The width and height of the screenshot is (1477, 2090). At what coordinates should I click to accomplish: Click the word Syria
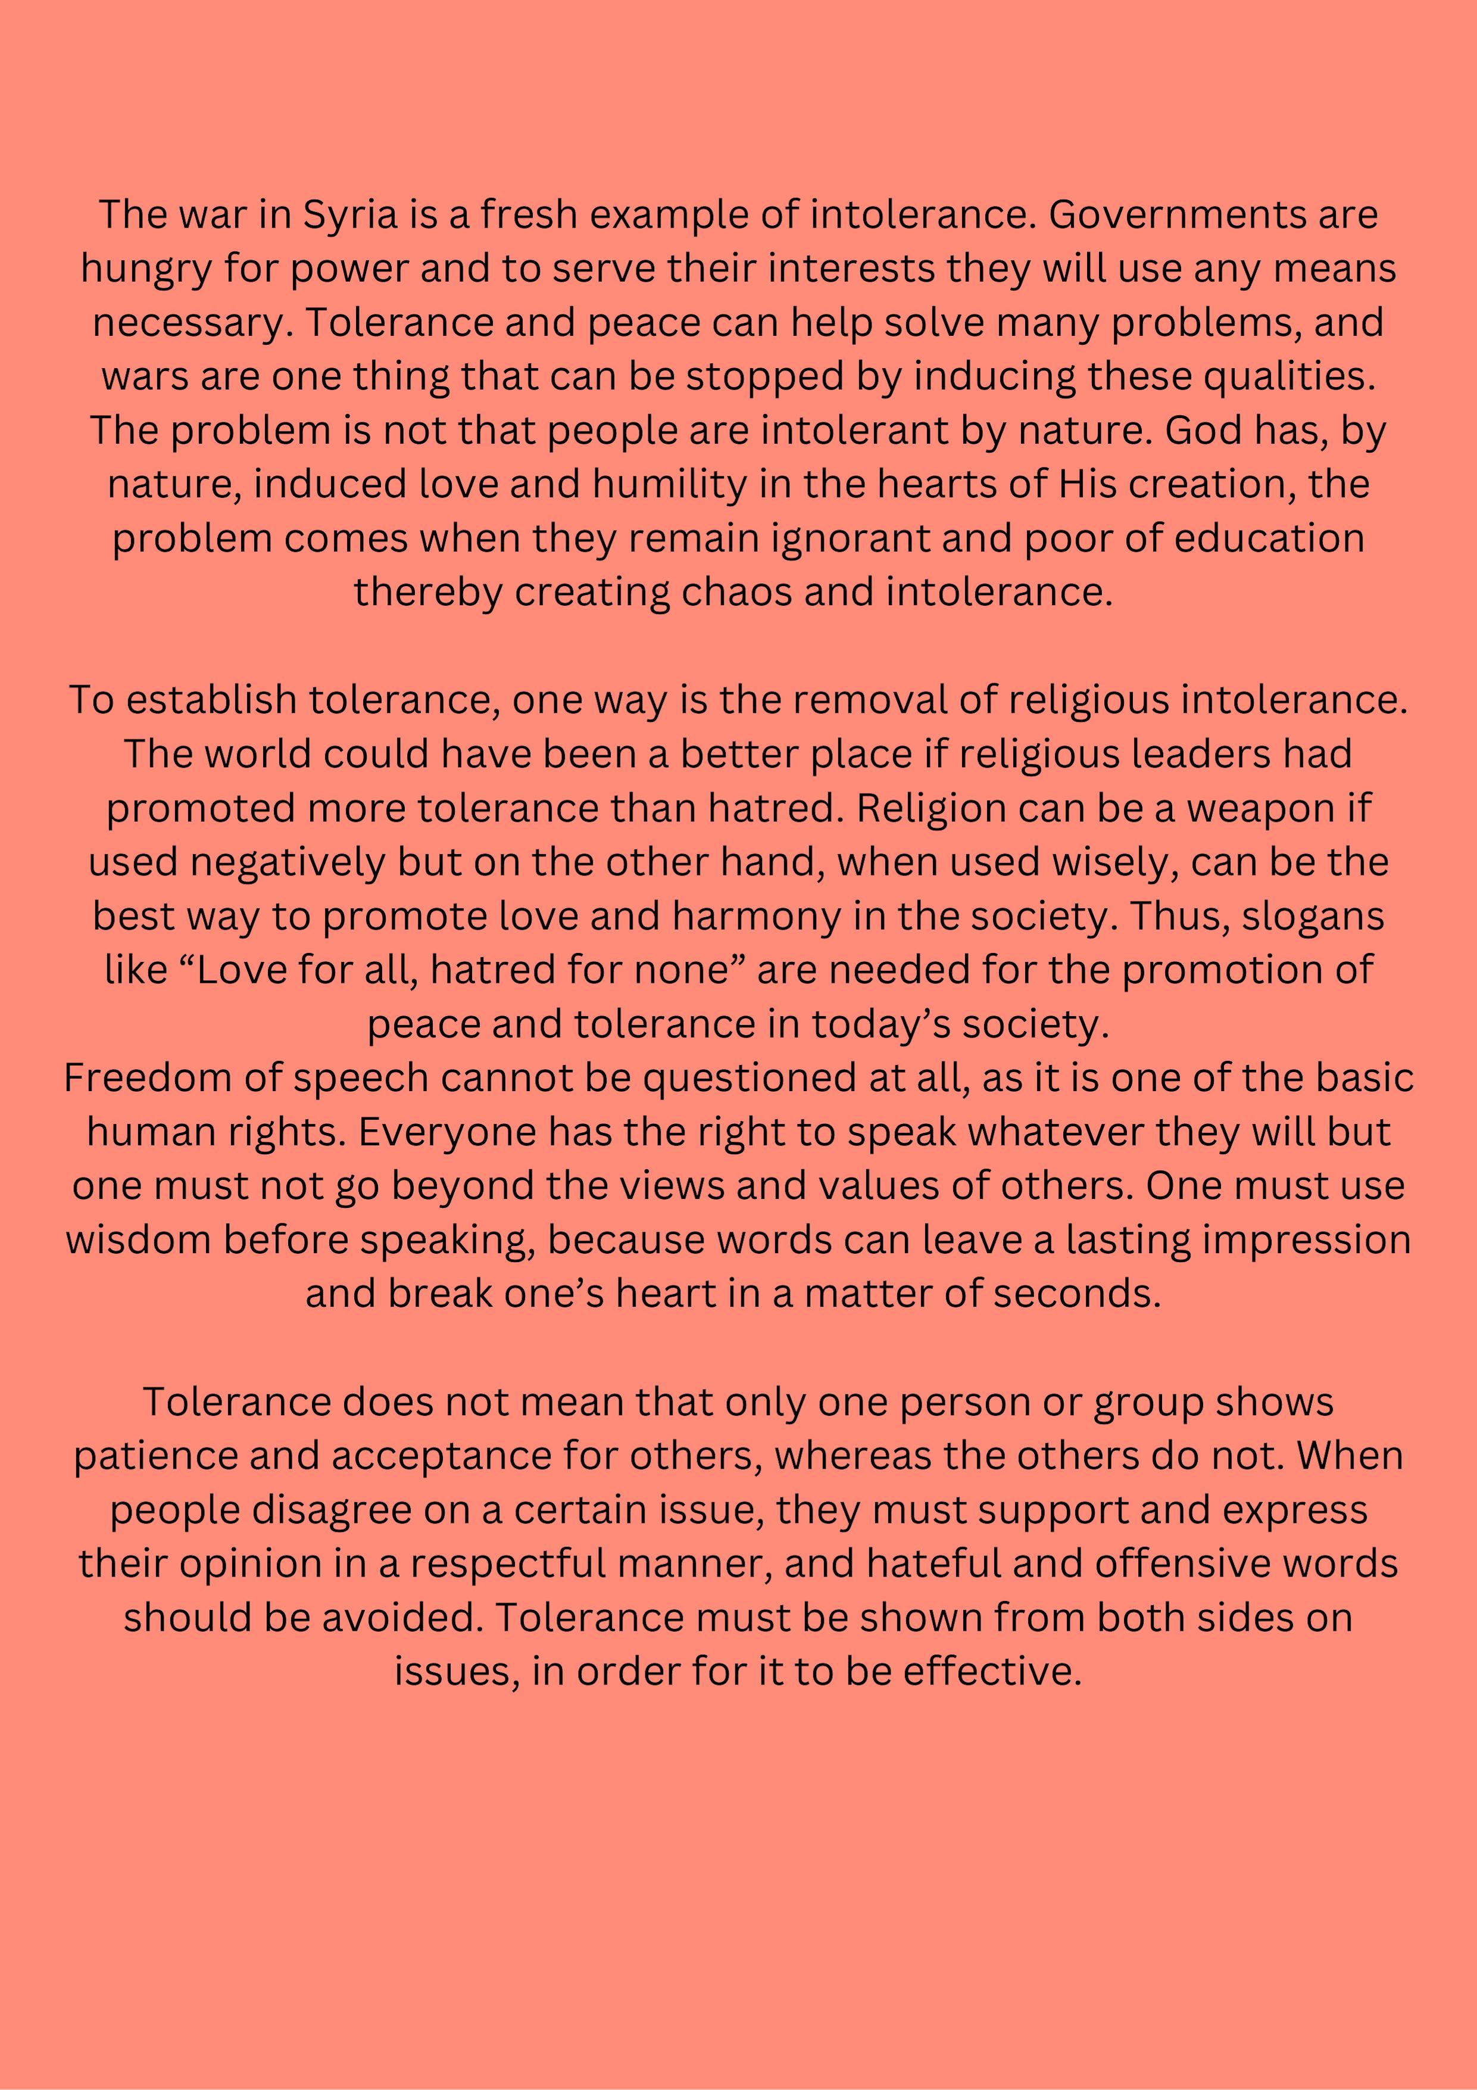coord(351,216)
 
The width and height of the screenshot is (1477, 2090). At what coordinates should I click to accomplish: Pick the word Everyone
coord(446,1132)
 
